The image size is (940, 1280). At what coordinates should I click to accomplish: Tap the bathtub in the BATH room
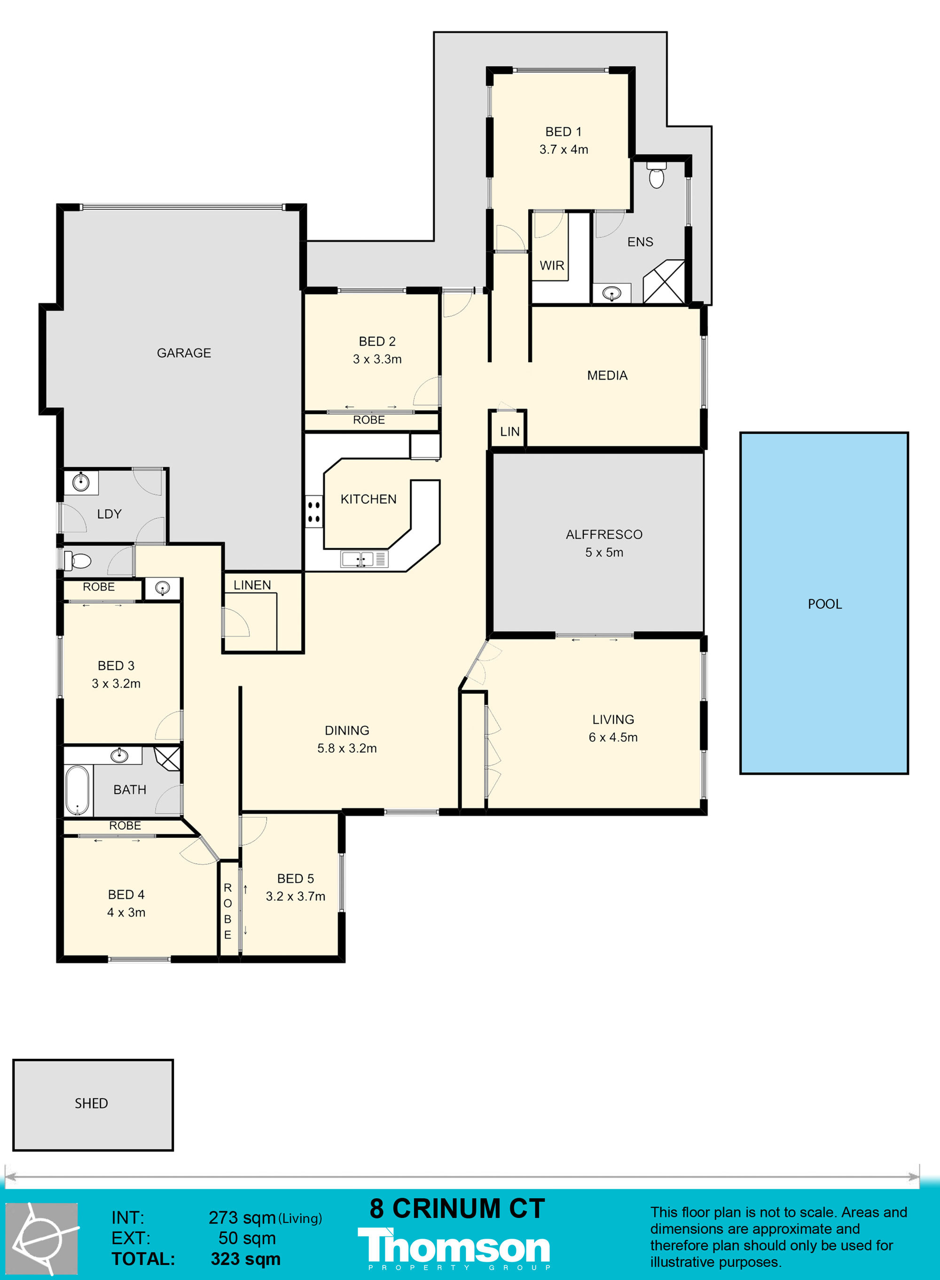[78, 790]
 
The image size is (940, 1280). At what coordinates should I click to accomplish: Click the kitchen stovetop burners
[313, 512]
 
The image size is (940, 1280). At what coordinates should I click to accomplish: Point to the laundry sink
[81, 482]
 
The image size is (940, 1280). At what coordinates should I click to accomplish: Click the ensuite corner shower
[664, 282]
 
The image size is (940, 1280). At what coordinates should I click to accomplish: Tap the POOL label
[824, 604]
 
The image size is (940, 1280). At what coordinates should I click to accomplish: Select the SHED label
[91, 1104]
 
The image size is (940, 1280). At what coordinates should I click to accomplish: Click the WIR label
[552, 265]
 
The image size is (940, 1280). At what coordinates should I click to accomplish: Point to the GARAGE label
[184, 353]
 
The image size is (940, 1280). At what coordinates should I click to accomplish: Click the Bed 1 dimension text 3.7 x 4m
[564, 149]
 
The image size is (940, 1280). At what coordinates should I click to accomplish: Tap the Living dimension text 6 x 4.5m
[613, 737]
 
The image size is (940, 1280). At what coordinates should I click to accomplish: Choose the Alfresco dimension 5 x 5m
[604, 552]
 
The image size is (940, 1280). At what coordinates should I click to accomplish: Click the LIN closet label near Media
[510, 431]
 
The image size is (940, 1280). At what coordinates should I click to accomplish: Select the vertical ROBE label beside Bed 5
[227, 911]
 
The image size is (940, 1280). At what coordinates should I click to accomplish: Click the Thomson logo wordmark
[454, 1248]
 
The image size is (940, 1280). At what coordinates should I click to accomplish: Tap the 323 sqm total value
[246, 1259]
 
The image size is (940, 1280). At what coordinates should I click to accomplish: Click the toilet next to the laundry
[78, 561]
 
